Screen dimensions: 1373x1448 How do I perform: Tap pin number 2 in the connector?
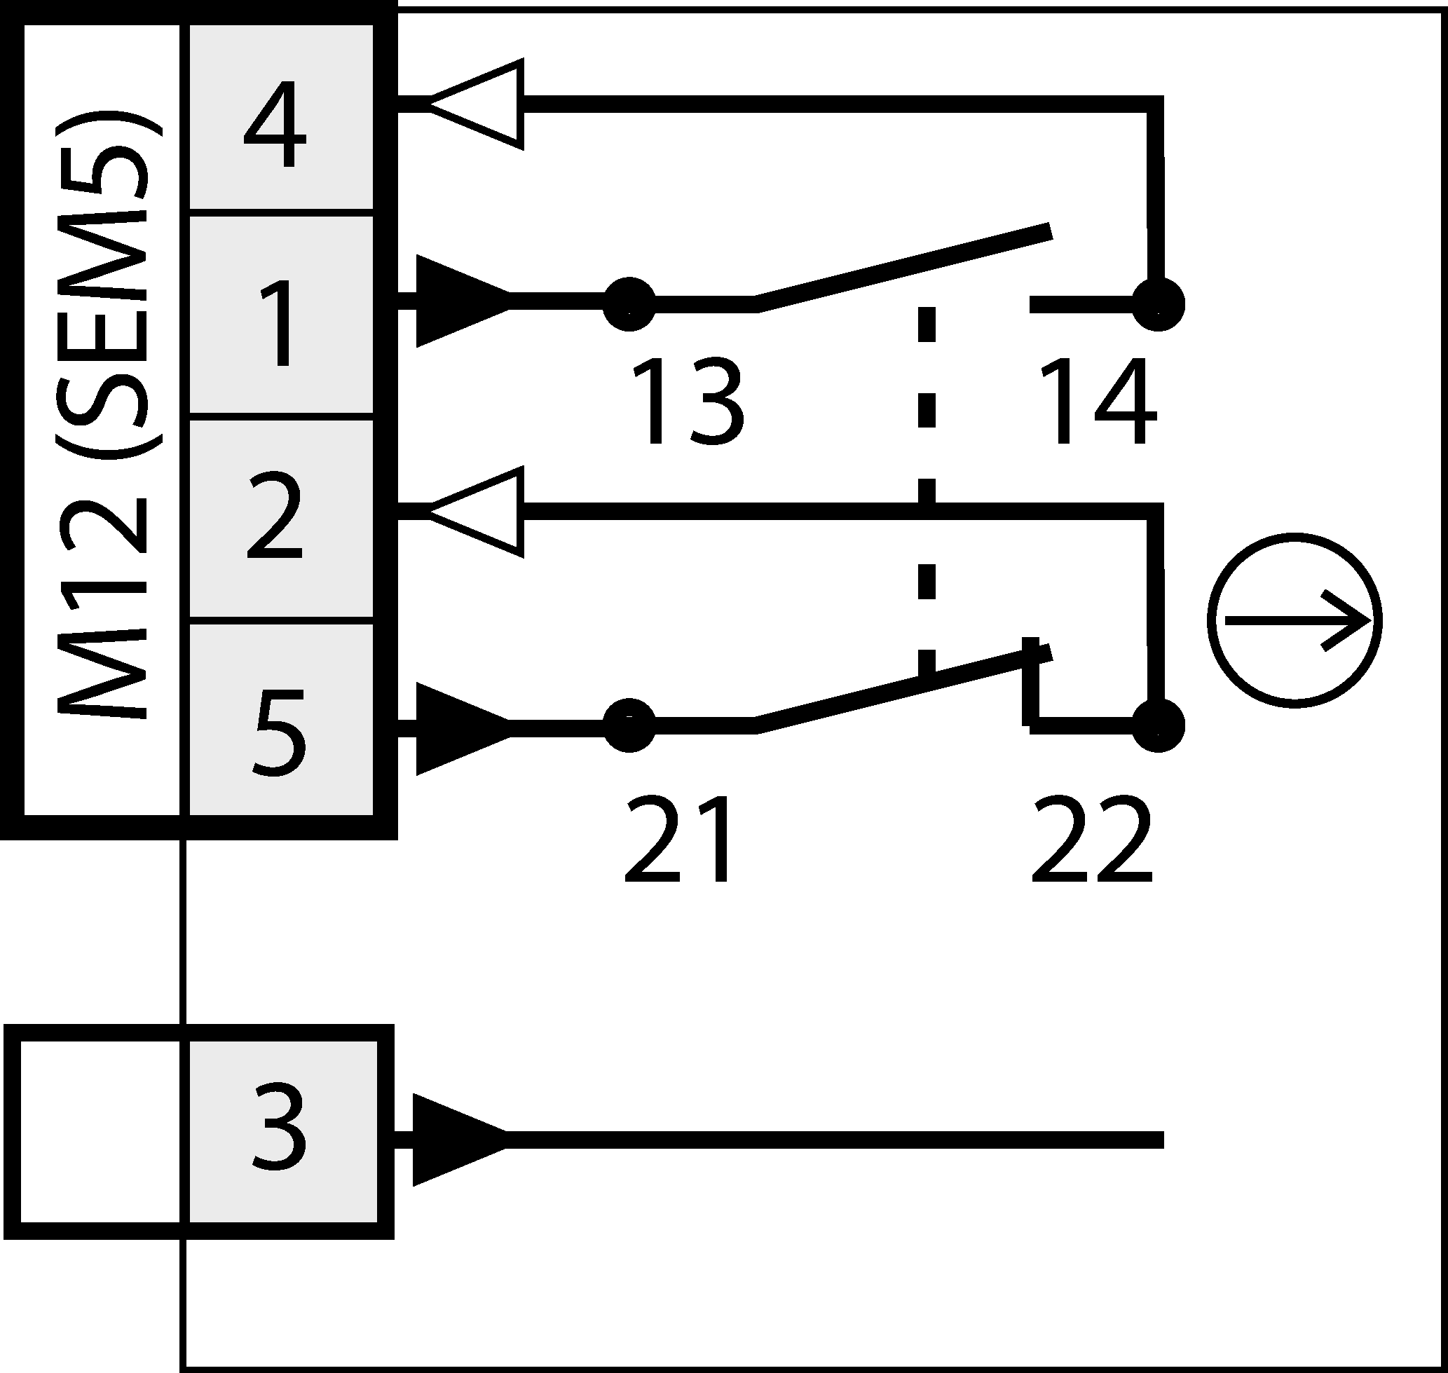pyautogui.click(x=275, y=516)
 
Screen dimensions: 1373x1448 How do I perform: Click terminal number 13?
pyautogui.click(x=687, y=403)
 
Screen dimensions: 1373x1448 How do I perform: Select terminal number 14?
pyautogui.click(x=1097, y=403)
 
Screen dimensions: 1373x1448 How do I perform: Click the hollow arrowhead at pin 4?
pyautogui.click(x=479, y=104)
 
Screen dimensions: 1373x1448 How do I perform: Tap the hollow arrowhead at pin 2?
pyautogui.click(x=479, y=512)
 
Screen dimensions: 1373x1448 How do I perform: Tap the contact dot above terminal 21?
pyautogui.click(x=629, y=725)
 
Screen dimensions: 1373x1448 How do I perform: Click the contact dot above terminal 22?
pyautogui.click(x=1158, y=725)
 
